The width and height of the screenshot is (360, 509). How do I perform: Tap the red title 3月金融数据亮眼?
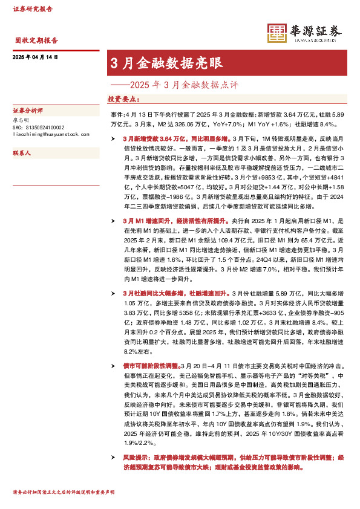coord(166,63)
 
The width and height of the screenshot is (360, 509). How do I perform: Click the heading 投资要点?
coord(125,99)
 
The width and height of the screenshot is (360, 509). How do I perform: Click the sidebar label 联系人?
coord(22,154)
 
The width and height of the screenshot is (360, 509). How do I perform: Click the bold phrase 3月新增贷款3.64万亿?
coord(151,138)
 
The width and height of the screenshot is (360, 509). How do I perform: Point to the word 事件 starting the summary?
coord(116,114)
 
